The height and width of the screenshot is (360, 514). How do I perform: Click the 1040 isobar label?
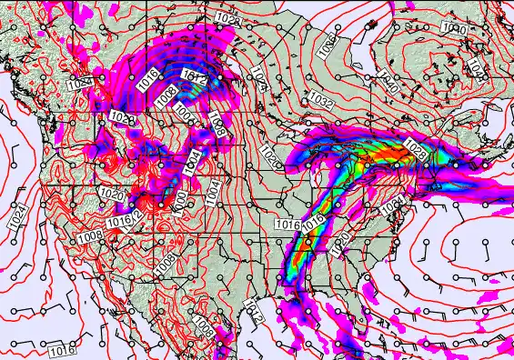pos(390,79)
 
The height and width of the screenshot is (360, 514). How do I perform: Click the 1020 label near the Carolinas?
pos(340,241)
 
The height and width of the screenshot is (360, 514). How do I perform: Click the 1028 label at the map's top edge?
pos(229,19)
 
